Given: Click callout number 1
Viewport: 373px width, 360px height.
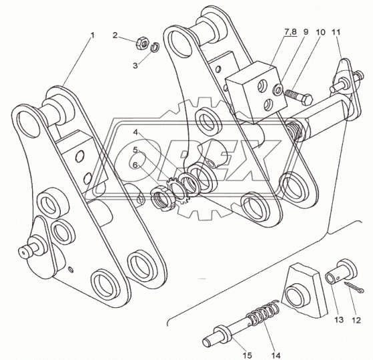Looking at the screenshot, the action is [92, 35].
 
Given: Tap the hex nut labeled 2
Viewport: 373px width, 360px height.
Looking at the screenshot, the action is [142, 43].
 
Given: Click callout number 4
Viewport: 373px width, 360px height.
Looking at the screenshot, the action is [135, 132].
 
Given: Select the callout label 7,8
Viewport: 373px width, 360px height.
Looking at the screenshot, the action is [291, 32].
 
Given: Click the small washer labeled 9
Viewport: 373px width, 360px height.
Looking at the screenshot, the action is [278, 90].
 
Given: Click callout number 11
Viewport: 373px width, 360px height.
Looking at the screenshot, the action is [336, 32].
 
